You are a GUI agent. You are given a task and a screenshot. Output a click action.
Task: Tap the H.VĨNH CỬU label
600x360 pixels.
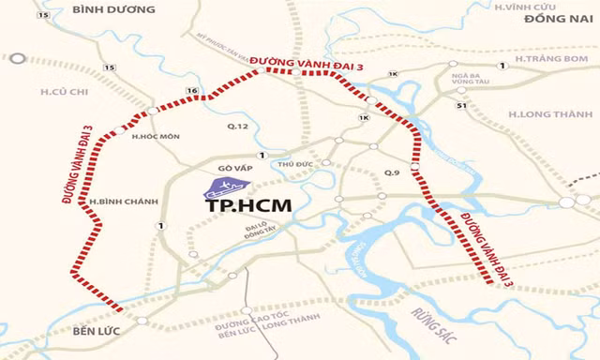pos(556,7)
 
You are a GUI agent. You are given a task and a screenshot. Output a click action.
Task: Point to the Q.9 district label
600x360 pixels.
pos(393,172)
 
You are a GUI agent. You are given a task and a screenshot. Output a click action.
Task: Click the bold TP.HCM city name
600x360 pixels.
pos(246,202)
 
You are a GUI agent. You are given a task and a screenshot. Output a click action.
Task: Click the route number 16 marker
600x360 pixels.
pos(190,90)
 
